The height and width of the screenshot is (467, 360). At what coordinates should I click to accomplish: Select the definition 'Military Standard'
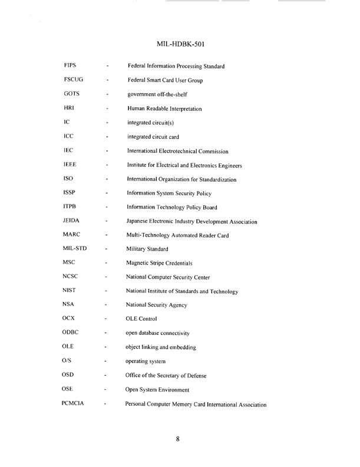(148, 249)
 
